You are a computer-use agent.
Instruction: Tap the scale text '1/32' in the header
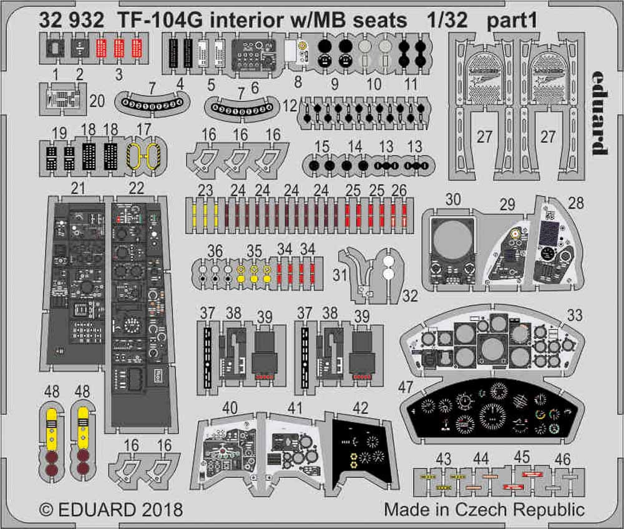tap(442, 21)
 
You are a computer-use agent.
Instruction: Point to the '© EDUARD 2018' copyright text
tap(110, 509)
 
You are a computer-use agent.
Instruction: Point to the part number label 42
tap(360, 408)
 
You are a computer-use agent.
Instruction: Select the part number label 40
tap(230, 408)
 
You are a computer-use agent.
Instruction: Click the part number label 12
tap(290, 106)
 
